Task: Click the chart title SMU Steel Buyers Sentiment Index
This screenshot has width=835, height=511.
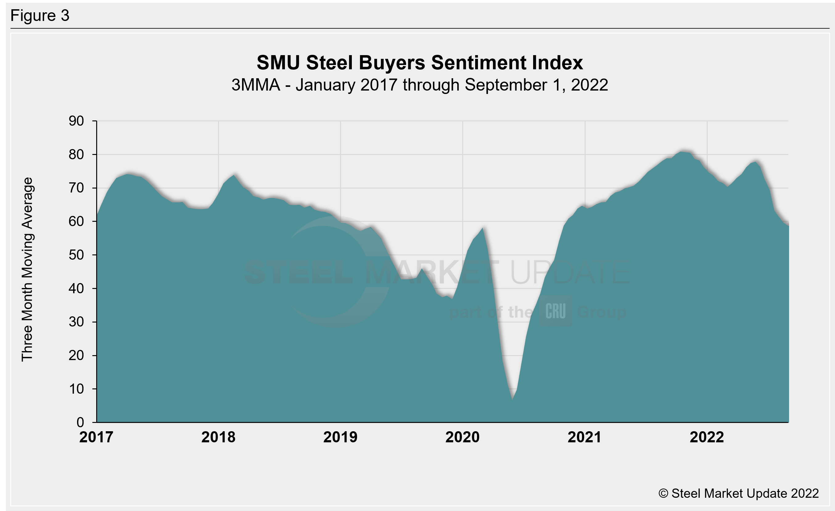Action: [x=420, y=63]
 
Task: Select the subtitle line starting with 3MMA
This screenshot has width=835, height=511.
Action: [x=420, y=85]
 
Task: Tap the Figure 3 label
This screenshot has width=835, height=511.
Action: [x=40, y=16]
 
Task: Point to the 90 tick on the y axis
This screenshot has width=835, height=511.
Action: [x=76, y=121]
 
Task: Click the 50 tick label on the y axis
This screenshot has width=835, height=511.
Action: [x=76, y=255]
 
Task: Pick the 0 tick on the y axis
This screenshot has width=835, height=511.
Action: [x=80, y=422]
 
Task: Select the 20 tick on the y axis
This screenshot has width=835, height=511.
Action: [x=76, y=356]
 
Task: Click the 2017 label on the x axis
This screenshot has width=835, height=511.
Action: [x=96, y=437]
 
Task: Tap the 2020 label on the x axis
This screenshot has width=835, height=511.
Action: [x=462, y=437]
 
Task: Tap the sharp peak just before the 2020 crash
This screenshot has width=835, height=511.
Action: [x=483, y=228]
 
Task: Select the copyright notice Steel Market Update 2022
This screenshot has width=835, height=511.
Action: [x=738, y=493]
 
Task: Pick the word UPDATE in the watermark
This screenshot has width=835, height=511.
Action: [x=569, y=273]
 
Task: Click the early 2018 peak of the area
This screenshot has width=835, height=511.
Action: [x=234, y=175]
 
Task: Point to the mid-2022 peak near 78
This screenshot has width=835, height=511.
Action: [x=755, y=162]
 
